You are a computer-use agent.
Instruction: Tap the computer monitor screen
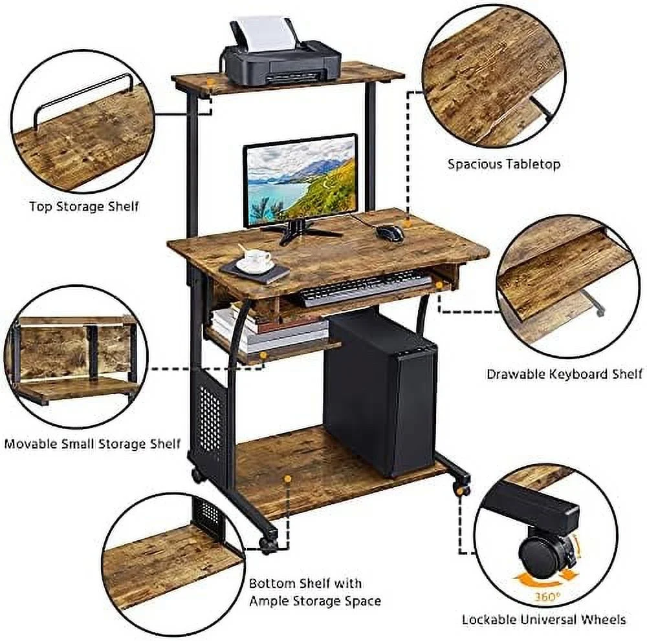[300, 181]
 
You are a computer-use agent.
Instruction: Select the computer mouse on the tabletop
[390, 233]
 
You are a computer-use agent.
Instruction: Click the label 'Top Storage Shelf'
[84, 206]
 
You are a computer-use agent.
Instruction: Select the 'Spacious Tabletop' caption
[504, 164]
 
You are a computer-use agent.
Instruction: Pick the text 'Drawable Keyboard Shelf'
[564, 374]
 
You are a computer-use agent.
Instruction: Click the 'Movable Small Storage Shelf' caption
[93, 443]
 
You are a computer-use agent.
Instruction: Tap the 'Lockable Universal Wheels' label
[543, 619]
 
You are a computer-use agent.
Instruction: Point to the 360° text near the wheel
[547, 596]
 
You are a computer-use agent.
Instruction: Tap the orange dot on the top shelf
[210, 82]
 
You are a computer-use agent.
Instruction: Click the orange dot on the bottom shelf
[288, 479]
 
